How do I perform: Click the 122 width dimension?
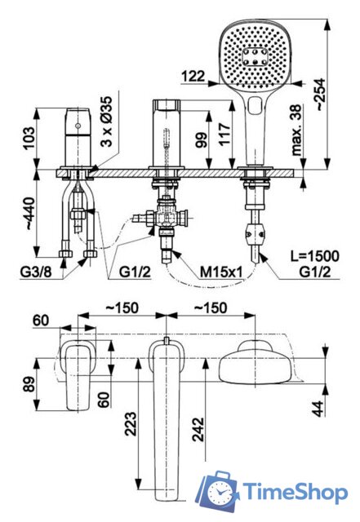coord(193,76)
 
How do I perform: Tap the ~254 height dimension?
coord(320,95)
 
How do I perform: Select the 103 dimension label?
coord(29,138)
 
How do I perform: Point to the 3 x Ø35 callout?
coord(107,122)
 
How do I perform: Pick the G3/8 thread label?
coord(37,272)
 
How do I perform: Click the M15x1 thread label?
coord(220,272)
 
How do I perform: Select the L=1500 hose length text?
coord(314,255)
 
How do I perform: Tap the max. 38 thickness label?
coord(296,130)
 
